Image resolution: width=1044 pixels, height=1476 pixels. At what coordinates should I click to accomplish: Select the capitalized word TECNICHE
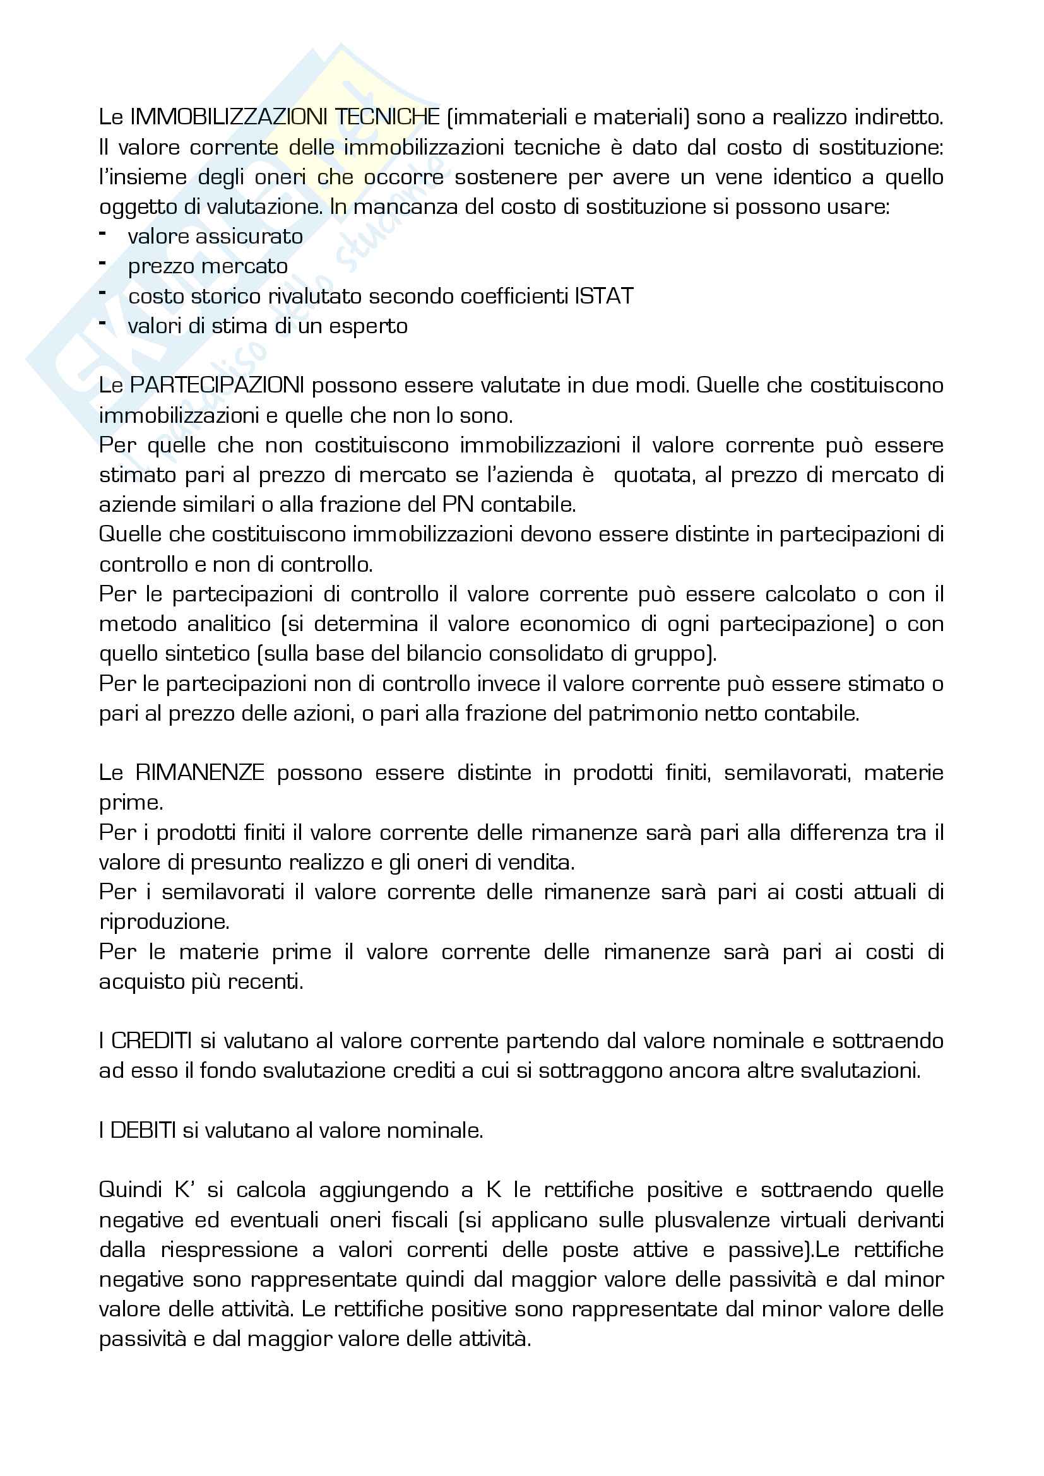coord(387,117)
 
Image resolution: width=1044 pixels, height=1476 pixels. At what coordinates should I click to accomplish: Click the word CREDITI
coord(151,1041)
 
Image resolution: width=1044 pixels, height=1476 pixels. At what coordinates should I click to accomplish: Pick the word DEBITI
coord(143,1130)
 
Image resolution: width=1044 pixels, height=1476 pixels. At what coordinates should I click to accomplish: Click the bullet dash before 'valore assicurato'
coord(102,234)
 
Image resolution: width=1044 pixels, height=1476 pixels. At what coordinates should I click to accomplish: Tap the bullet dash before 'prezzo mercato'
coord(102,264)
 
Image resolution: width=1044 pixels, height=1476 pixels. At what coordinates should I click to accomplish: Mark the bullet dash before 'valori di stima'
coord(102,323)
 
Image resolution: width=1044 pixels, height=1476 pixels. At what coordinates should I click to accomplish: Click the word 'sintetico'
coord(208,654)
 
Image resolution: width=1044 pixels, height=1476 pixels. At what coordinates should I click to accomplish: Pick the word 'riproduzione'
coord(164,922)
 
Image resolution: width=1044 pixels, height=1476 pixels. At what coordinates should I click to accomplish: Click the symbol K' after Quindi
coord(184,1190)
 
